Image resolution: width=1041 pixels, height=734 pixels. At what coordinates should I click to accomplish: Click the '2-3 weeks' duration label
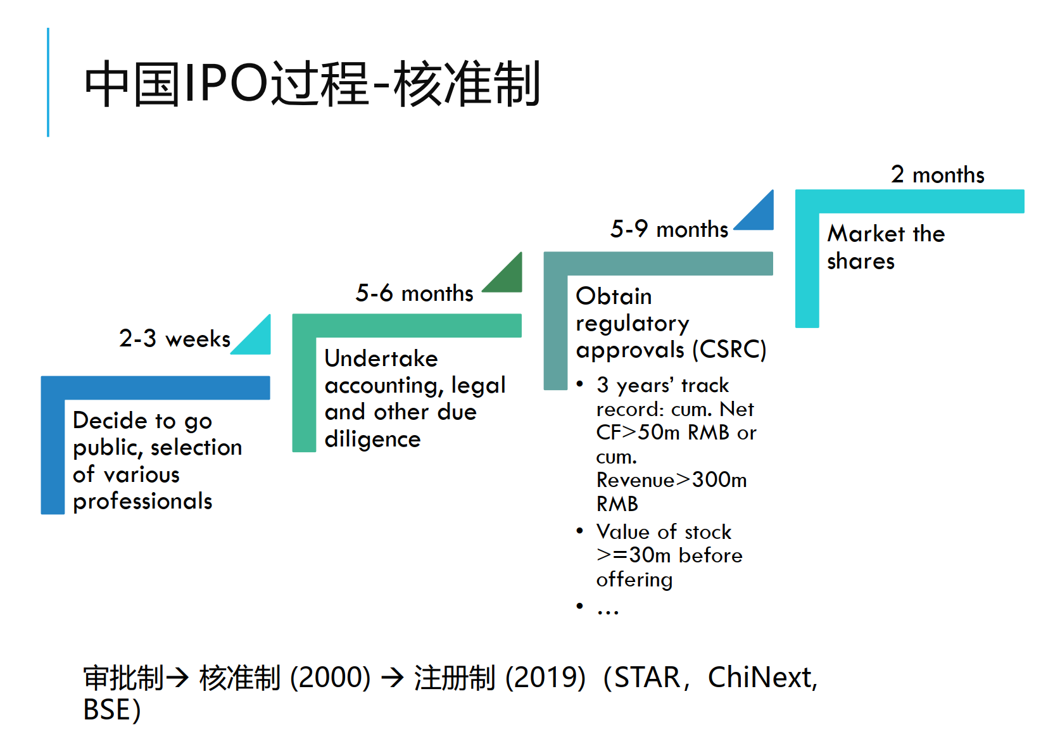point(175,338)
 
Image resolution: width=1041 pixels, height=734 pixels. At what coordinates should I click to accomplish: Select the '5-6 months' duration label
point(415,293)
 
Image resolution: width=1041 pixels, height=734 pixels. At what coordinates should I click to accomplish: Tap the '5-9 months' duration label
point(669,229)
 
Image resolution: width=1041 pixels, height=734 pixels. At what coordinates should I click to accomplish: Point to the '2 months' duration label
point(938,174)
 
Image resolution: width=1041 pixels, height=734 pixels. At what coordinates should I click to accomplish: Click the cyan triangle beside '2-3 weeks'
point(257,341)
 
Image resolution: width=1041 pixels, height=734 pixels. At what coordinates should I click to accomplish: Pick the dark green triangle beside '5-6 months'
point(509,279)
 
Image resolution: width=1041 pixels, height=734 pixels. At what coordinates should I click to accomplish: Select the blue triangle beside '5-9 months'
point(760,217)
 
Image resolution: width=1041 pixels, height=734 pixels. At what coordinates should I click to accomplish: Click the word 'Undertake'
point(381,358)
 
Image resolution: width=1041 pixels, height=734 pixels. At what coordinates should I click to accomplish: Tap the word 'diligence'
point(373,439)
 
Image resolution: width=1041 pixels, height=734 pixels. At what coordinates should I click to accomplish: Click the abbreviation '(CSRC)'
point(729,350)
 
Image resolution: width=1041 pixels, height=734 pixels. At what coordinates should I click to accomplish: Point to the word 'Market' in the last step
point(866,233)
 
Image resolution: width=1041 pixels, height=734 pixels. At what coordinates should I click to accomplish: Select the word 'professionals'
point(142,502)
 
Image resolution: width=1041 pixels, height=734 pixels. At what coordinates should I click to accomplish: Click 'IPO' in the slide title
point(226,83)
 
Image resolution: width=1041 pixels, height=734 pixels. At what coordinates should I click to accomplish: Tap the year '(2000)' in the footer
point(331,677)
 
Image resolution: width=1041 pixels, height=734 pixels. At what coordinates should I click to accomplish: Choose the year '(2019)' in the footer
point(545,677)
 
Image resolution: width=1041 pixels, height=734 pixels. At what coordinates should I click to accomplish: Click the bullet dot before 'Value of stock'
point(579,531)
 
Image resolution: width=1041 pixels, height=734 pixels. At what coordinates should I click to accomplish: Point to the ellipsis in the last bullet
point(608,612)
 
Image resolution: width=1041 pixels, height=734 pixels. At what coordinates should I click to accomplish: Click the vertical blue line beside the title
point(48,82)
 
